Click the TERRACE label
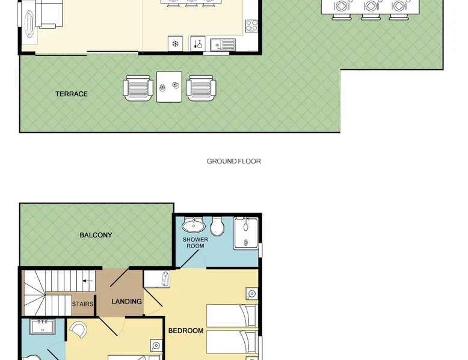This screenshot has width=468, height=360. click(x=72, y=94)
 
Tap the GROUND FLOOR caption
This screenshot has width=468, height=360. click(x=234, y=161)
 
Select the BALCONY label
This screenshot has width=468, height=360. click(x=96, y=235)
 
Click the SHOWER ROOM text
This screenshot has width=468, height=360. click(x=195, y=242)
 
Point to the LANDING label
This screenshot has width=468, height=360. click(x=126, y=302)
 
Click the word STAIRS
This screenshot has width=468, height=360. click(x=82, y=304)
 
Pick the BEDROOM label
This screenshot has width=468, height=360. click(x=186, y=331)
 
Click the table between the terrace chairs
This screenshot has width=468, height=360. click(x=169, y=87)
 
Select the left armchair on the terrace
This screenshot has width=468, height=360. click(x=137, y=88)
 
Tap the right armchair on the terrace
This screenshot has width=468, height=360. click(x=201, y=88)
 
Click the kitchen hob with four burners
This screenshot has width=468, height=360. click(x=251, y=26)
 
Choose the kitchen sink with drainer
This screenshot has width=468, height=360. click(x=223, y=45)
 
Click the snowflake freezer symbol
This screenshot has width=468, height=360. click(x=176, y=44)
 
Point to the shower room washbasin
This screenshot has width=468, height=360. click(x=194, y=225)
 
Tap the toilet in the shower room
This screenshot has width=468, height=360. click(x=217, y=226)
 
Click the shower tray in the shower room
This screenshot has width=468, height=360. click(x=246, y=233)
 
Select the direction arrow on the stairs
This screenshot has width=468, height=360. click(x=87, y=281)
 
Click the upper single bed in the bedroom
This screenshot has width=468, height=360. click(x=232, y=316)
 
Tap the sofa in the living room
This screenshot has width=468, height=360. click(x=49, y=13)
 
